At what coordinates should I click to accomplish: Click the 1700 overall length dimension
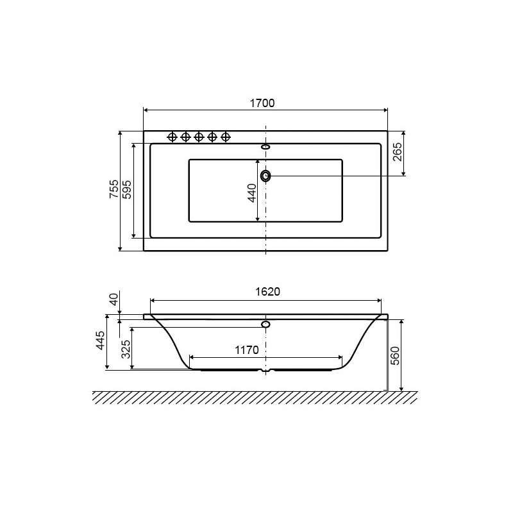262,103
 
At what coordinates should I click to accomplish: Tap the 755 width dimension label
114,189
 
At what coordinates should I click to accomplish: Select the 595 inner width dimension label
126,189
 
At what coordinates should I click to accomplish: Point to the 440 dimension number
251,193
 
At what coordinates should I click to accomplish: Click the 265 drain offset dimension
397,151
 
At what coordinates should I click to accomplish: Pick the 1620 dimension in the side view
267,292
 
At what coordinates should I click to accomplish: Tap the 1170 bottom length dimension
247,350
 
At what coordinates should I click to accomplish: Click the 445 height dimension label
101,341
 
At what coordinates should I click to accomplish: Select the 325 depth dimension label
126,349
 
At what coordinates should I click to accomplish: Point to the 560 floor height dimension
395,356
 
